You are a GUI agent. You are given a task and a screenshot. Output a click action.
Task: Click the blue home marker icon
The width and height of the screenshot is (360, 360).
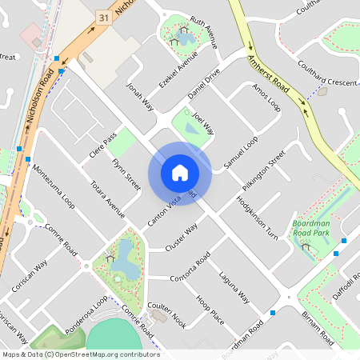[x=180, y=173]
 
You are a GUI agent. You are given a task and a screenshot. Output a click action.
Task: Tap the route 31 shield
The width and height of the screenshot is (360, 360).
[x=102, y=16]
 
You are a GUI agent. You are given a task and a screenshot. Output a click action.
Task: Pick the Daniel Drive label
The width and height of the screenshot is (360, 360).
[x=203, y=86]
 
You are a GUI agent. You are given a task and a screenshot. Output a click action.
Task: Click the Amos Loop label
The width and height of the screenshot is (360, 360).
[x=266, y=98]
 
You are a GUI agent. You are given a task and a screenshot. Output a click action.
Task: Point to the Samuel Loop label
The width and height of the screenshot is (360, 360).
[x=241, y=151]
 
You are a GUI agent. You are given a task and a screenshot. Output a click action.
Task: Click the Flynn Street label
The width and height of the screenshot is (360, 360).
[x=127, y=174]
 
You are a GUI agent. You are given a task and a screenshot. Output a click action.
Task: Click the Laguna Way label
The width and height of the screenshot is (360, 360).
[x=235, y=288]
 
